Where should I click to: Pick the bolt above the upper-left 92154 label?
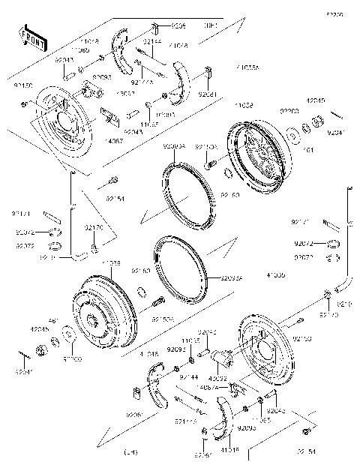113,179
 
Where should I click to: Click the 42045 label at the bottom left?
40,328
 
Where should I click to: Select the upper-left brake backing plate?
64,120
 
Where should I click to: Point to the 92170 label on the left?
93,226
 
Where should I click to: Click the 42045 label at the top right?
316,100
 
